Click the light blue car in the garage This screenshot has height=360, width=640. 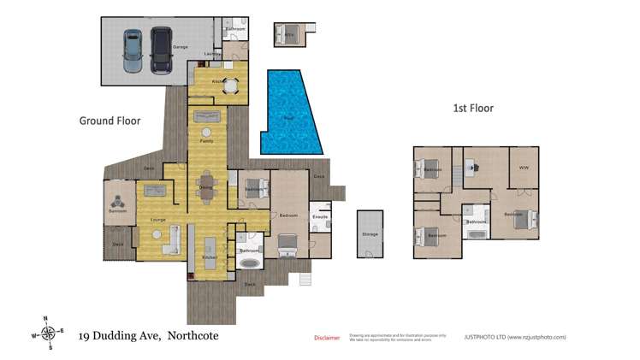click(x=133, y=50)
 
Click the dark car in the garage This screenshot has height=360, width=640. click(x=160, y=50)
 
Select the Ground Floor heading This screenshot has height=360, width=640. click(x=110, y=121)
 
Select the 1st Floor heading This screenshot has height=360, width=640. click(x=473, y=109)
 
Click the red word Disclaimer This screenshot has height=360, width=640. click(x=327, y=338)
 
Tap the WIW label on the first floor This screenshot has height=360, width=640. click(x=524, y=168)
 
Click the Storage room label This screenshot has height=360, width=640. click(x=370, y=233)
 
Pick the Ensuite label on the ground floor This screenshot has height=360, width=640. click(x=320, y=217)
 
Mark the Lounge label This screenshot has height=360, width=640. click(x=157, y=221)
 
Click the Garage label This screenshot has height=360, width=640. click(x=181, y=47)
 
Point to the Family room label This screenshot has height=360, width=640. click(x=206, y=141)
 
